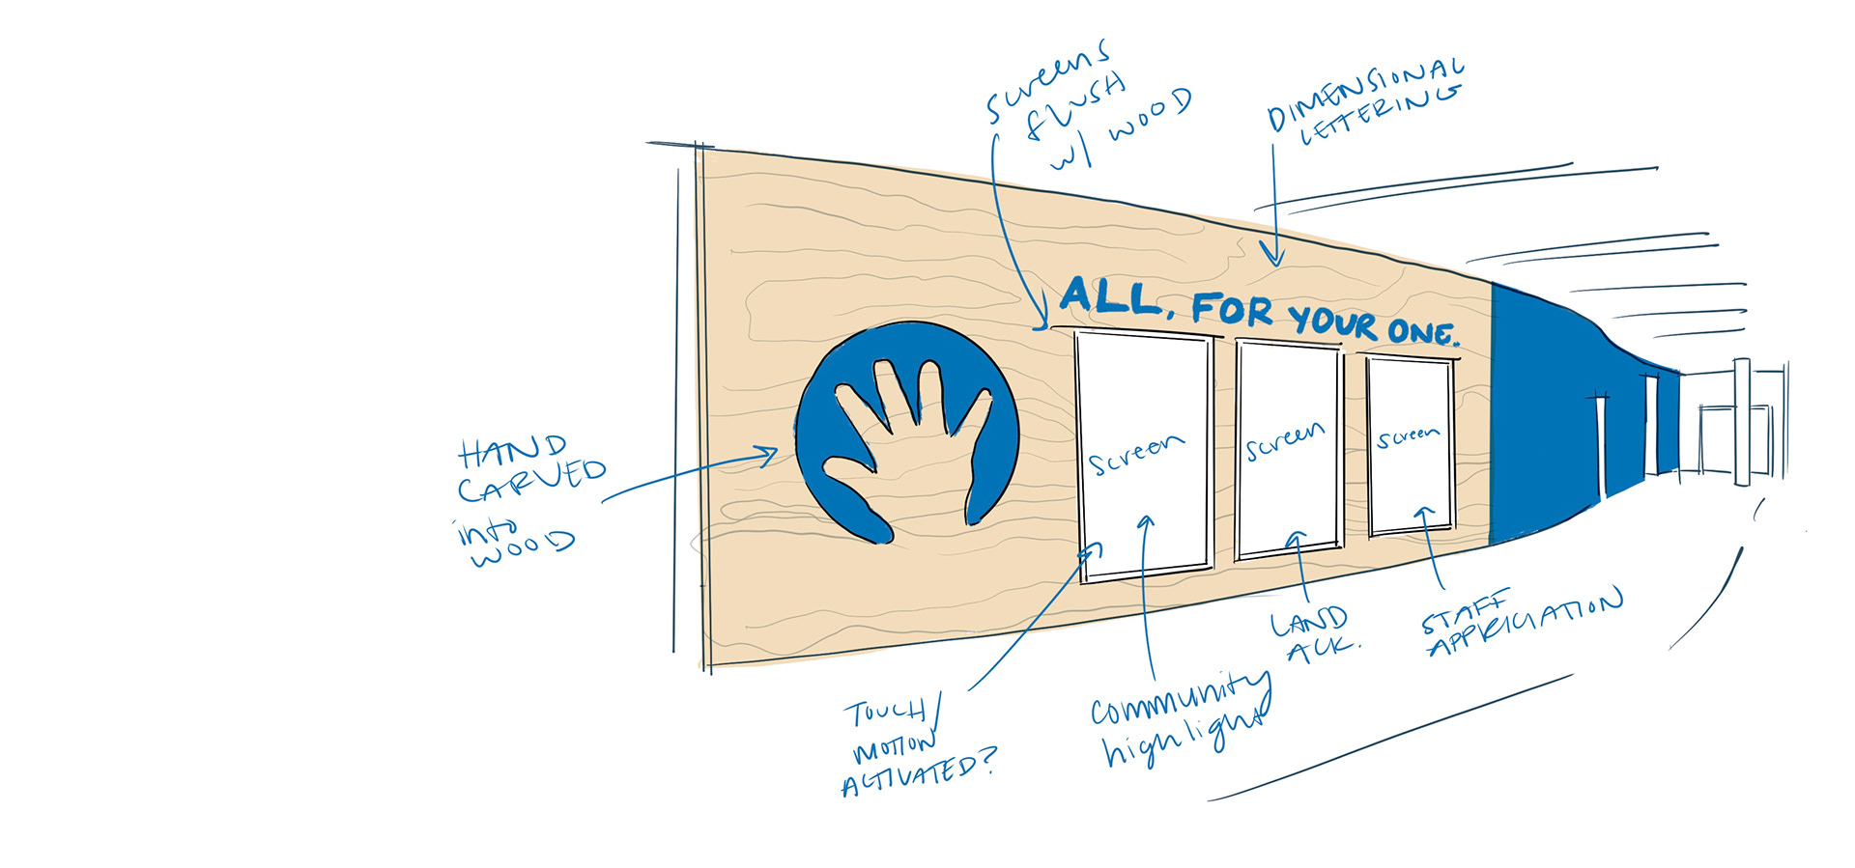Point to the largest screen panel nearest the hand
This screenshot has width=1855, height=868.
point(1144,454)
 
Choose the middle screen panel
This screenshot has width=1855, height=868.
point(1288,449)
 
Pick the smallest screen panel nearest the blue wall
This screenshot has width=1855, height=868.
point(1411,444)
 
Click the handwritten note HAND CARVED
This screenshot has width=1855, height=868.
point(530,469)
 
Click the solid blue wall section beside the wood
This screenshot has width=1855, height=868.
point(1546,415)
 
